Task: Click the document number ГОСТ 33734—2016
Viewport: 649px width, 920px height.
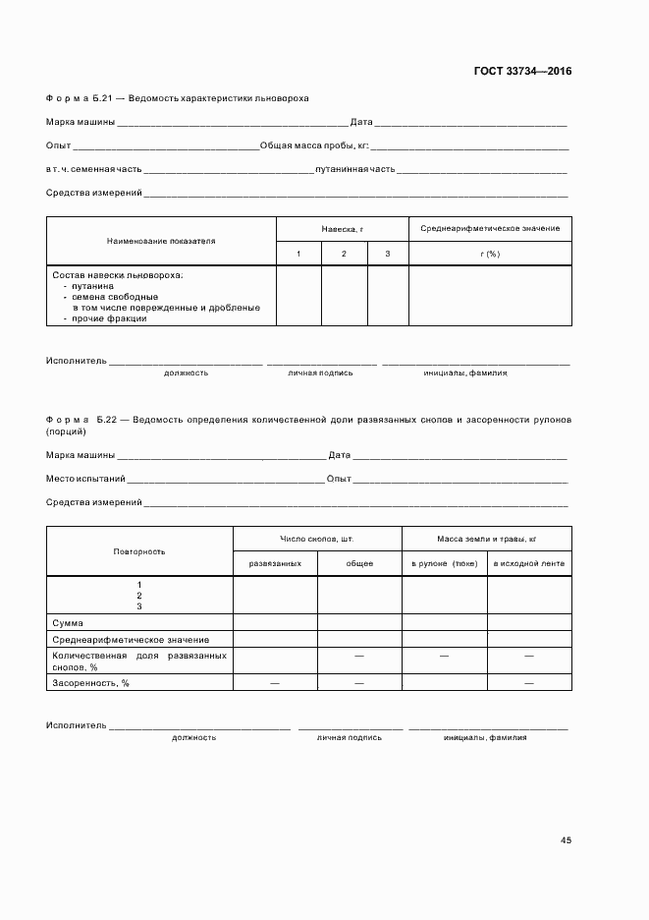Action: click(x=522, y=71)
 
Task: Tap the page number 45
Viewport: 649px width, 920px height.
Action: click(x=566, y=840)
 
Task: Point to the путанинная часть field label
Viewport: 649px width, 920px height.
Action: click(x=355, y=169)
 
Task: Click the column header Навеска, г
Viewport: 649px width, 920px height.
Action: click(x=342, y=228)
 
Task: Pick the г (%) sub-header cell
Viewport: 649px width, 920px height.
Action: click(x=490, y=254)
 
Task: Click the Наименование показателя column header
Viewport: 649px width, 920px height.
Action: click(x=161, y=240)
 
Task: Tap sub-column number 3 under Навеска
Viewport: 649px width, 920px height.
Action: click(x=388, y=254)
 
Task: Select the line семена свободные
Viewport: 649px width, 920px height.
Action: click(x=110, y=296)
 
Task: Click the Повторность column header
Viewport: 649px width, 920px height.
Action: click(x=139, y=551)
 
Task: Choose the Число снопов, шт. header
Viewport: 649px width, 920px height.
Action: click(x=317, y=539)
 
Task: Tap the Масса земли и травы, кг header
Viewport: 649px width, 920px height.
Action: click(x=486, y=539)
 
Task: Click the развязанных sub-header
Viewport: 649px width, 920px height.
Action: click(x=275, y=563)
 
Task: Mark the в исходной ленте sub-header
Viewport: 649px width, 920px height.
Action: click(x=528, y=563)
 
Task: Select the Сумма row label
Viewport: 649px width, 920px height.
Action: click(x=68, y=622)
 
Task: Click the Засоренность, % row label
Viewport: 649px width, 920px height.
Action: click(x=91, y=682)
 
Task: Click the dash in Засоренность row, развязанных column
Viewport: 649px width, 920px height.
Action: click(x=275, y=682)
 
